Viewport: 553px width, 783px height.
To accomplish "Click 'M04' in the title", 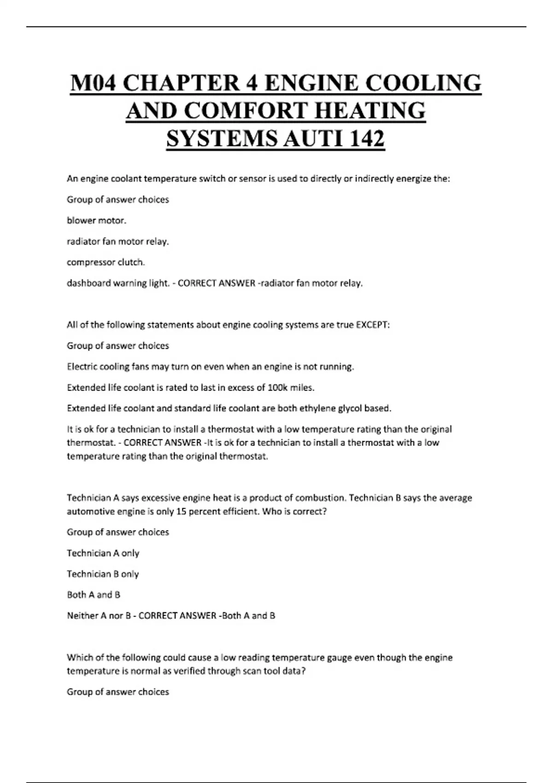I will (x=94, y=83).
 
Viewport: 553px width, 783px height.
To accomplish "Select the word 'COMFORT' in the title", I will (x=247, y=111).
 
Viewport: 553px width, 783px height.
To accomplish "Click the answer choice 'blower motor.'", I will (x=96, y=221).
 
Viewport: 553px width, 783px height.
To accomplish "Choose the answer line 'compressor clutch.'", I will (x=106, y=262).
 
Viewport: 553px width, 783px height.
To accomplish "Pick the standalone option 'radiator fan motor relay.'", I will (x=118, y=241).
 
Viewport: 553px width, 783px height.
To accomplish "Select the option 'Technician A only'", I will (x=103, y=553).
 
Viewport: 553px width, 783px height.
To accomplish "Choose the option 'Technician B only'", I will (x=103, y=574).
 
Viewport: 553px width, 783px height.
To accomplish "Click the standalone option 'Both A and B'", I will (x=94, y=595).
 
